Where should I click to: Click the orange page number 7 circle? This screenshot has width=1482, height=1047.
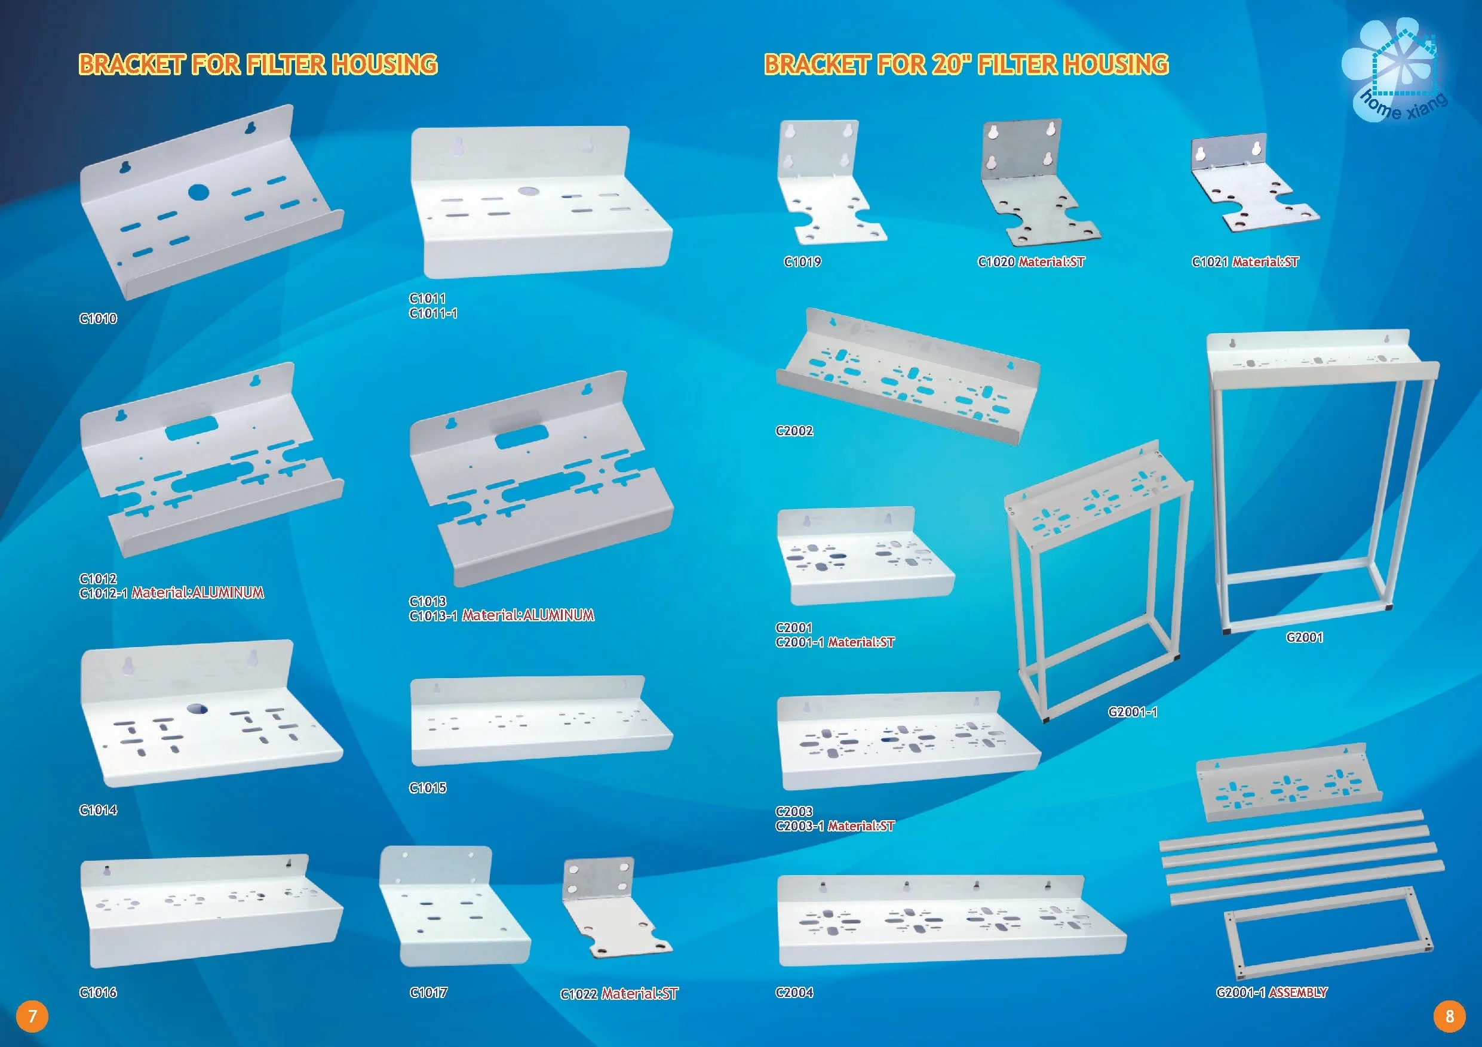click(32, 1017)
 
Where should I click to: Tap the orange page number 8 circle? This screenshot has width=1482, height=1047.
click(1449, 1017)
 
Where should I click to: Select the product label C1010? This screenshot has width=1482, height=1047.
click(98, 319)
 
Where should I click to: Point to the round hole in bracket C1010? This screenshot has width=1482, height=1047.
click(199, 192)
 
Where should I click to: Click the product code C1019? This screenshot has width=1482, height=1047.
click(802, 262)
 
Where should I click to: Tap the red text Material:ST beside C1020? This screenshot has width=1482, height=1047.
click(1052, 262)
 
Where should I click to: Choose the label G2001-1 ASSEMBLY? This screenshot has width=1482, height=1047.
click(1271, 992)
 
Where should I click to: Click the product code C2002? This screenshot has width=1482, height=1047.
click(794, 431)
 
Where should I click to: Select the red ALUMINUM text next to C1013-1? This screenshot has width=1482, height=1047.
click(559, 615)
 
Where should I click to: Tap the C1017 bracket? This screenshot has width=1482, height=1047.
click(452, 910)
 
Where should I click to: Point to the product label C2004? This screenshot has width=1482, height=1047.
click(794, 993)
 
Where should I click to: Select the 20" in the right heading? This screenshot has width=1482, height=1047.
click(952, 64)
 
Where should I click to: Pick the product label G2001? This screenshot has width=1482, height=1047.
click(1305, 638)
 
